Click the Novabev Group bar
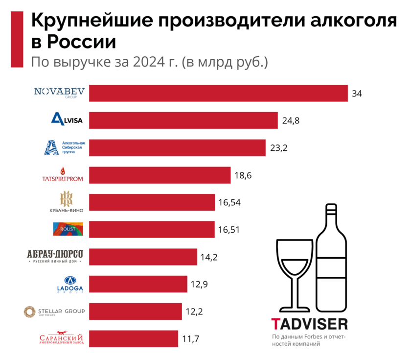click(x=218, y=93)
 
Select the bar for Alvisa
click(x=183, y=120)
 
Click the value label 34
click(x=357, y=93)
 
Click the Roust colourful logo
click(x=68, y=229)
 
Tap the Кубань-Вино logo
click(x=66, y=202)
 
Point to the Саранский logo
click(x=61, y=338)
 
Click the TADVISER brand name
click(x=309, y=324)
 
